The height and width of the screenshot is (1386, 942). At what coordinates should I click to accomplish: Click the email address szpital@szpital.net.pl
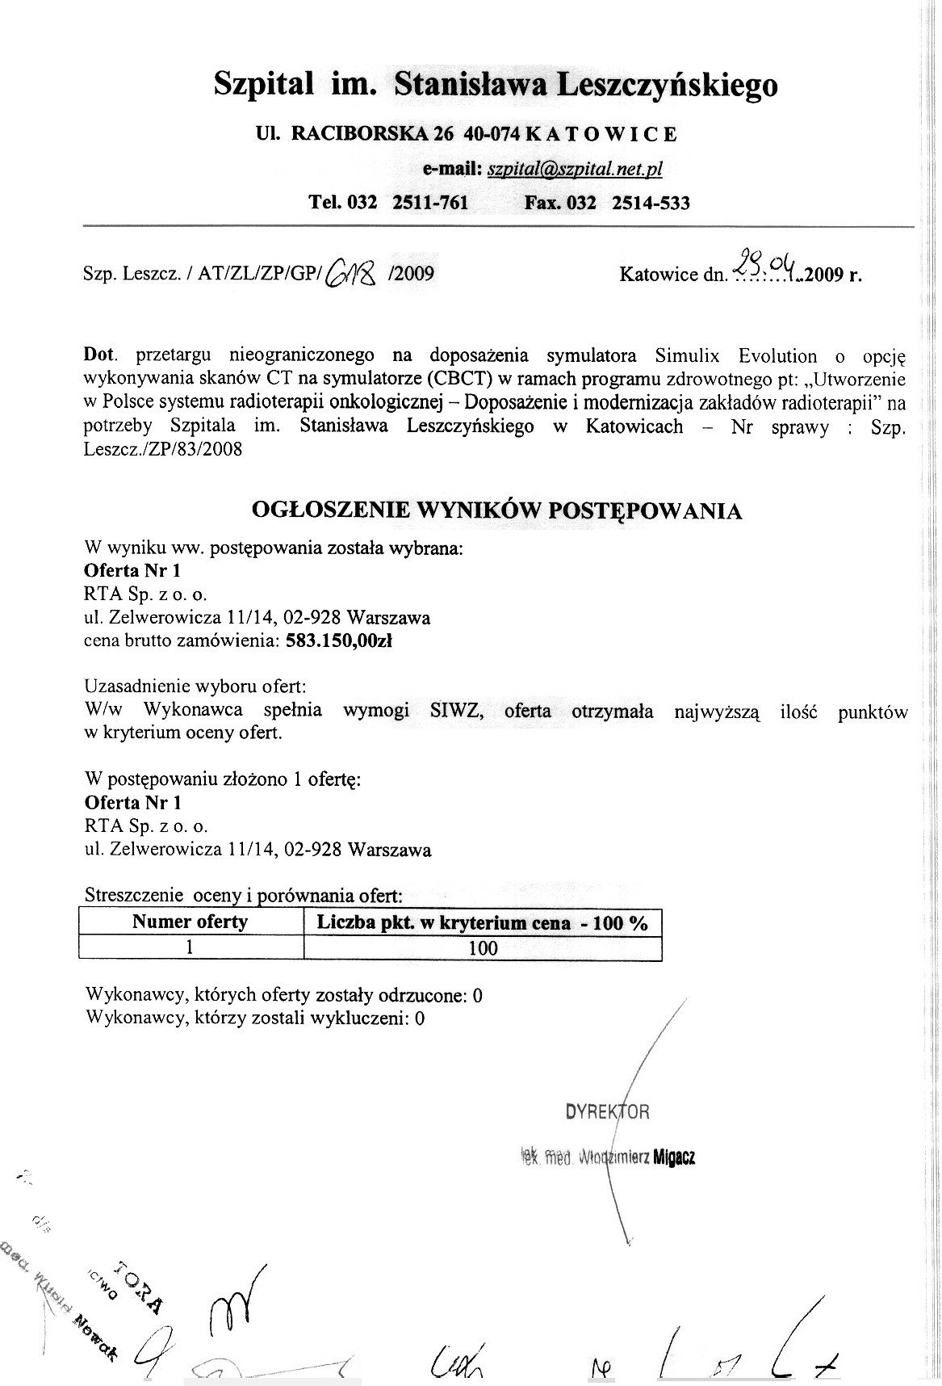pyautogui.click(x=575, y=169)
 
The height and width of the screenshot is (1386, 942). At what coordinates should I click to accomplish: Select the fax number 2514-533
pyautogui.click(x=651, y=203)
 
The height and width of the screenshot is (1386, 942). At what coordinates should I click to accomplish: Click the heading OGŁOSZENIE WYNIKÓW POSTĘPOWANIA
pyautogui.click(x=496, y=511)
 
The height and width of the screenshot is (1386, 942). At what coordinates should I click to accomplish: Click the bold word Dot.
pyautogui.click(x=100, y=355)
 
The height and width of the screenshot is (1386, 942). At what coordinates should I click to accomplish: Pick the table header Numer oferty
pyautogui.click(x=190, y=922)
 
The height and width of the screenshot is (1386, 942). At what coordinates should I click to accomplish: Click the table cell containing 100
pyautogui.click(x=483, y=948)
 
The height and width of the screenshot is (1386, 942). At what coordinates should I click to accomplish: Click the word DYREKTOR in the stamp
pyautogui.click(x=607, y=1112)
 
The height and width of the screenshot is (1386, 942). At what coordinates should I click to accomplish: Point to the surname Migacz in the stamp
pyautogui.click(x=674, y=1157)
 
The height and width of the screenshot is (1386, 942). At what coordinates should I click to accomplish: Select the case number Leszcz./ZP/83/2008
pyautogui.click(x=162, y=450)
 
